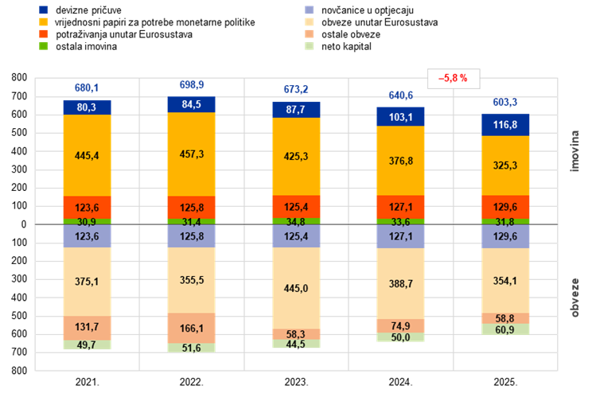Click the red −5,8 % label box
(454, 79)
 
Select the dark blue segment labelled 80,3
(87, 107)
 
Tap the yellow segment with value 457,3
(191, 154)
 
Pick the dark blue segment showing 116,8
(505, 125)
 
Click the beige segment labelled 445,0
(296, 288)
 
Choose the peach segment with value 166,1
(191, 328)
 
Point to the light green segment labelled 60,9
(505, 329)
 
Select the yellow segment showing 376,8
(400, 161)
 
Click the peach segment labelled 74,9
(400, 326)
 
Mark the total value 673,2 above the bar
(296, 89)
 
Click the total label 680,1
(87, 88)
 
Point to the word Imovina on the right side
(574, 150)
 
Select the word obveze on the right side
(574, 297)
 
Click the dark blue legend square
(43, 10)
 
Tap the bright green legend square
(43, 45)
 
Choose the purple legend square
(309, 10)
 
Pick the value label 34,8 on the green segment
(296, 221)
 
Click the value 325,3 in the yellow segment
(505, 166)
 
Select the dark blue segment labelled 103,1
(400, 117)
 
